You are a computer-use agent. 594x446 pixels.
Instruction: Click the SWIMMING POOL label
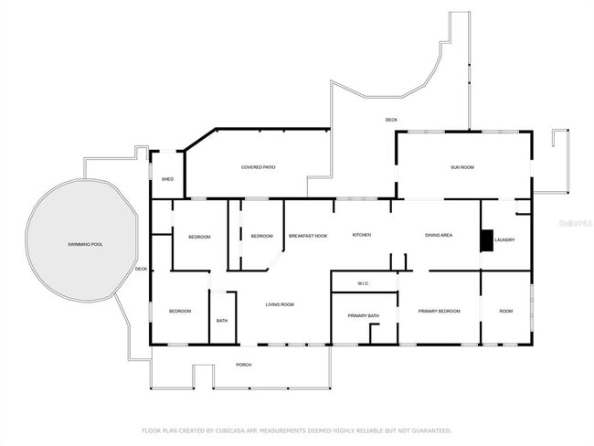click(85, 245)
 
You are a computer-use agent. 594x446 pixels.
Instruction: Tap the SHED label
click(167, 179)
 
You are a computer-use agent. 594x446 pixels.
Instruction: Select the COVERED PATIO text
click(259, 167)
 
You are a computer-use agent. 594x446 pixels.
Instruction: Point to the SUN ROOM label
click(461, 167)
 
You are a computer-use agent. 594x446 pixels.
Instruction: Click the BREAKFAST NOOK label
click(308, 236)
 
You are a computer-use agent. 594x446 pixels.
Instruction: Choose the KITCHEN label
click(362, 236)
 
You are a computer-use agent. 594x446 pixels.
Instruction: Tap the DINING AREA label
click(439, 236)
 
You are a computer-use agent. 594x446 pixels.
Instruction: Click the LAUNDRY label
click(505, 240)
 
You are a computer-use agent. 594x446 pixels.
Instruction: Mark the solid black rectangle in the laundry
click(486, 239)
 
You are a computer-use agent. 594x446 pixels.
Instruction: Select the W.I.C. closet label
click(363, 283)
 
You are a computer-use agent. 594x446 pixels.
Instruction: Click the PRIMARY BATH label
click(363, 315)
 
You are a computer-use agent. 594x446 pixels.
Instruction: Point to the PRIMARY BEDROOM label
click(439, 312)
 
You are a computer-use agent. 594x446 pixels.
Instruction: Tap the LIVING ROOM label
click(280, 304)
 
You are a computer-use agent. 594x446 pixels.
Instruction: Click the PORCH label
click(243, 365)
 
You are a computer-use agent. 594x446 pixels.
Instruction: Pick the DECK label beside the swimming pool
click(141, 269)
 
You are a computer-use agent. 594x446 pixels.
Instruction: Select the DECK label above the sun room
click(391, 120)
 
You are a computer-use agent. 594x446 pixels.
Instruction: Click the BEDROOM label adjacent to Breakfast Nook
click(261, 237)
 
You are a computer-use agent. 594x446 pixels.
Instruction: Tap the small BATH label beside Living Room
click(222, 321)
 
